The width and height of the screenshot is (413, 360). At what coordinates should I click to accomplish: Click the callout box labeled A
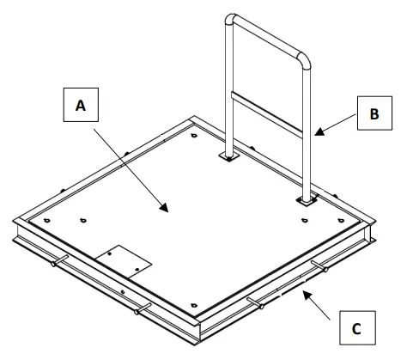pos(81,105)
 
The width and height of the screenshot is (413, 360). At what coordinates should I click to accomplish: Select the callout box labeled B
pos(374,113)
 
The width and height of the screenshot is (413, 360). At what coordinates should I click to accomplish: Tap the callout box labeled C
pos(357,327)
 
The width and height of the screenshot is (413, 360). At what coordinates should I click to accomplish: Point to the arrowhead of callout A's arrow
pos(165,208)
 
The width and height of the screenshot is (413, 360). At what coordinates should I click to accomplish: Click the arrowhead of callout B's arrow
pos(319,132)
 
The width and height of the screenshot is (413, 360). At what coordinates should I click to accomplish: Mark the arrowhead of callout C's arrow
pos(307,295)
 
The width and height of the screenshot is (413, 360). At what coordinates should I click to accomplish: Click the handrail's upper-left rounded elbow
pos(230,19)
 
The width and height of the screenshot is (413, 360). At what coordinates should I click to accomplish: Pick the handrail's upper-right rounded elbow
pos(304,59)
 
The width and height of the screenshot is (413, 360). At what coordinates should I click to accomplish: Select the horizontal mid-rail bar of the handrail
pos(266,114)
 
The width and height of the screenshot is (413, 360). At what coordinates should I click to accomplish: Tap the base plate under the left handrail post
pos(228,156)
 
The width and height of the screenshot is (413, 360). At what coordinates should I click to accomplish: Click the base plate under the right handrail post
pos(307,201)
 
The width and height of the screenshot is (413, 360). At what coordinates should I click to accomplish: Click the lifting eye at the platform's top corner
pos(194,136)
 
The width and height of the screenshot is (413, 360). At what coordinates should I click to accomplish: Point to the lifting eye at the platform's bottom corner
pos(194,305)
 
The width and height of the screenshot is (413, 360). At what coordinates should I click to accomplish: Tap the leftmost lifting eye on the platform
pos(47,221)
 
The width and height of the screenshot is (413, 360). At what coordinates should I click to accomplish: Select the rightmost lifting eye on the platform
pos(341,221)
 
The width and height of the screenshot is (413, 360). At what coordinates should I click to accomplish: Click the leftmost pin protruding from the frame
pos(59,260)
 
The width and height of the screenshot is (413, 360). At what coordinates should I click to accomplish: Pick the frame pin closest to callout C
pos(319,266)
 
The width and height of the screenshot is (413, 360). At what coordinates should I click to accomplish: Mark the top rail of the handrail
pos(268,35)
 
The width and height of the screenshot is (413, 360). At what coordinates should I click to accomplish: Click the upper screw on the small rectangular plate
pos(110,253)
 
